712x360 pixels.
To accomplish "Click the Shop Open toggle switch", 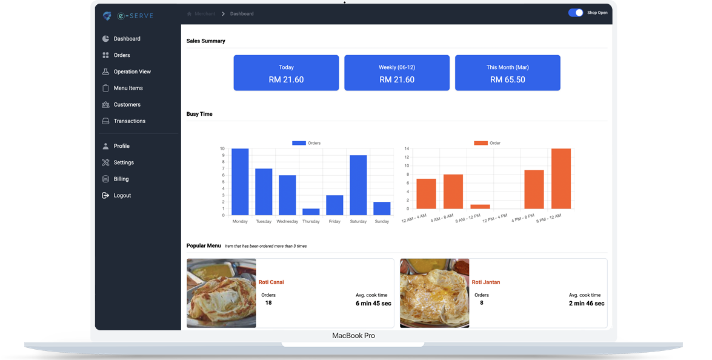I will click(576, 13).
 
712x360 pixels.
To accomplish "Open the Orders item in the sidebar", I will click(121, 55).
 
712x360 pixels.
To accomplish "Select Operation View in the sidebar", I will click(131, 72).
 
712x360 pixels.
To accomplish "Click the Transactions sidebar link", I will click(129, 121).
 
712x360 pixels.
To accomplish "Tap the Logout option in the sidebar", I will click(122, 196).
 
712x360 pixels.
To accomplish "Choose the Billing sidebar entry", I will click(121, 179).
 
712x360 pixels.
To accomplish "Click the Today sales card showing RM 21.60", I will click(286, 73).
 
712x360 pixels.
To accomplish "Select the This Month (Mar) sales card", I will click(507, 73).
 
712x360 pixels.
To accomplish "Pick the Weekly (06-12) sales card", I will click(397, 73).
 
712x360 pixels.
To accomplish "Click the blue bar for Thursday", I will click(311, 212).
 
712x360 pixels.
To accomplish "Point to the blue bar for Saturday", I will click(358, 185).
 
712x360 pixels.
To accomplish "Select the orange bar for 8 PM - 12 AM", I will click(561, 179).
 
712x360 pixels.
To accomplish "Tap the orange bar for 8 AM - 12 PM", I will click(480, 207).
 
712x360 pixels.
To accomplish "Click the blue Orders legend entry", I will click(306, 143).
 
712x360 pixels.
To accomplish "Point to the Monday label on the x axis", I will click(240, 222).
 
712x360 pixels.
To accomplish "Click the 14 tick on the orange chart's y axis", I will click(407, 148).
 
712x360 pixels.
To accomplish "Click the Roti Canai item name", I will click(271, 282).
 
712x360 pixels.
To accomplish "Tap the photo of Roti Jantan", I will click(434, 293).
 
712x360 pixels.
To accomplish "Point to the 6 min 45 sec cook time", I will click(373, 303).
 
